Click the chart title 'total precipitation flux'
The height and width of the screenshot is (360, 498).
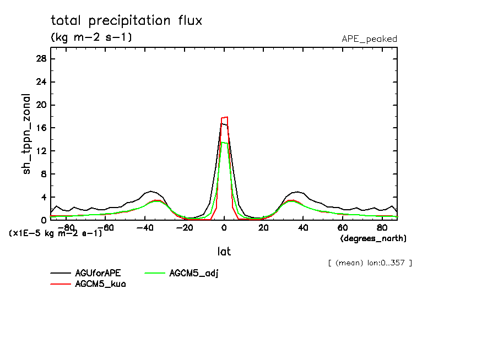tap(126, 21)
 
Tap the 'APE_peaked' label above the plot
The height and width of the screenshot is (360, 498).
tap(369, 39)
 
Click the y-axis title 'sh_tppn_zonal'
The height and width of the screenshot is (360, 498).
tap(27, 134)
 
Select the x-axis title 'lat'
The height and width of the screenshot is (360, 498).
tap(224, 251)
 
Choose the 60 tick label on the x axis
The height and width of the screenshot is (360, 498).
tap(343, 227)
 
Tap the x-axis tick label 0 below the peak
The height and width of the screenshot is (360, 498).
tap(224, 227)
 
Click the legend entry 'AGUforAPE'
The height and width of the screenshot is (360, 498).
tap(98, 273)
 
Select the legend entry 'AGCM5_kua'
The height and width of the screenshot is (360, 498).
tap(100, 284)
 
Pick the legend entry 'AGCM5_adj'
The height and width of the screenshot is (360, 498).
tap(194, 273)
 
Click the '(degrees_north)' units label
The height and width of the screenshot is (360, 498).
tap(373, 238)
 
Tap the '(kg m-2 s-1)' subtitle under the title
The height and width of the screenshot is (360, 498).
tap(91, 37)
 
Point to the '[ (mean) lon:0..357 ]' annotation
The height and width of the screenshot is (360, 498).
tap(370, 263)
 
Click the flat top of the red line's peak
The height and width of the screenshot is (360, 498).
tap(224, 117)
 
